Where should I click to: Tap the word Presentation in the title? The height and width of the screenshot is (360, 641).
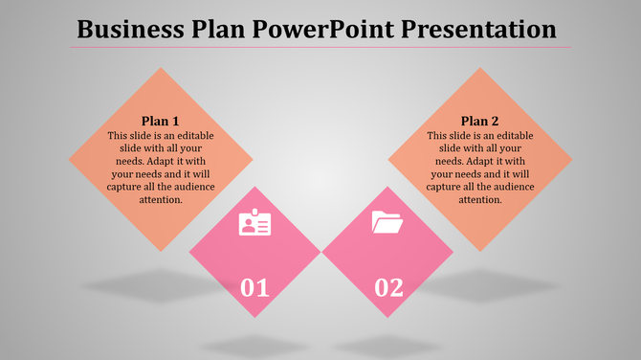(486, 29)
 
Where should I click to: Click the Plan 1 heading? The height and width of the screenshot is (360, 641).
(161, 121)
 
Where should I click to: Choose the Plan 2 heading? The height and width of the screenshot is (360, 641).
(480, 121)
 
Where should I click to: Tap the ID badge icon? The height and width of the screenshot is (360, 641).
(254, 224)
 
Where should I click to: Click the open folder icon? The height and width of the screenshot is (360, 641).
(387, 224)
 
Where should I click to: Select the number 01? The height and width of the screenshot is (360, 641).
(254, 285)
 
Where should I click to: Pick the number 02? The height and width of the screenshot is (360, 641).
(388, 285)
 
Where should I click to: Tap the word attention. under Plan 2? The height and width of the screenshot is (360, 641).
(480, 200)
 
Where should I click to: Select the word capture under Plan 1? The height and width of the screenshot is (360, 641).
(124, 187)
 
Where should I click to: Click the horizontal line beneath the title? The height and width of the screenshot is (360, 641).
(320, 47)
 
